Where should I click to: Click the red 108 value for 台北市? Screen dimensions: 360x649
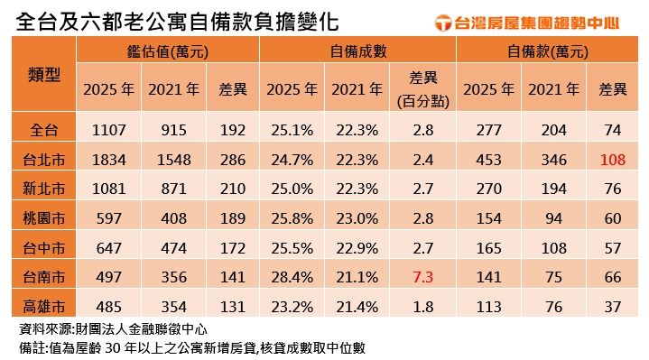click(612, 160)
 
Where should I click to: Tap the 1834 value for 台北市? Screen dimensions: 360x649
click(109, 160)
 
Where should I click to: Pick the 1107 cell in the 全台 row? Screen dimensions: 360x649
click(109, 131)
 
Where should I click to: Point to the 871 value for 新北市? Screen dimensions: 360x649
click(174, 189)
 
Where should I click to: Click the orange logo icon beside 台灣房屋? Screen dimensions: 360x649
click(444, 21)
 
